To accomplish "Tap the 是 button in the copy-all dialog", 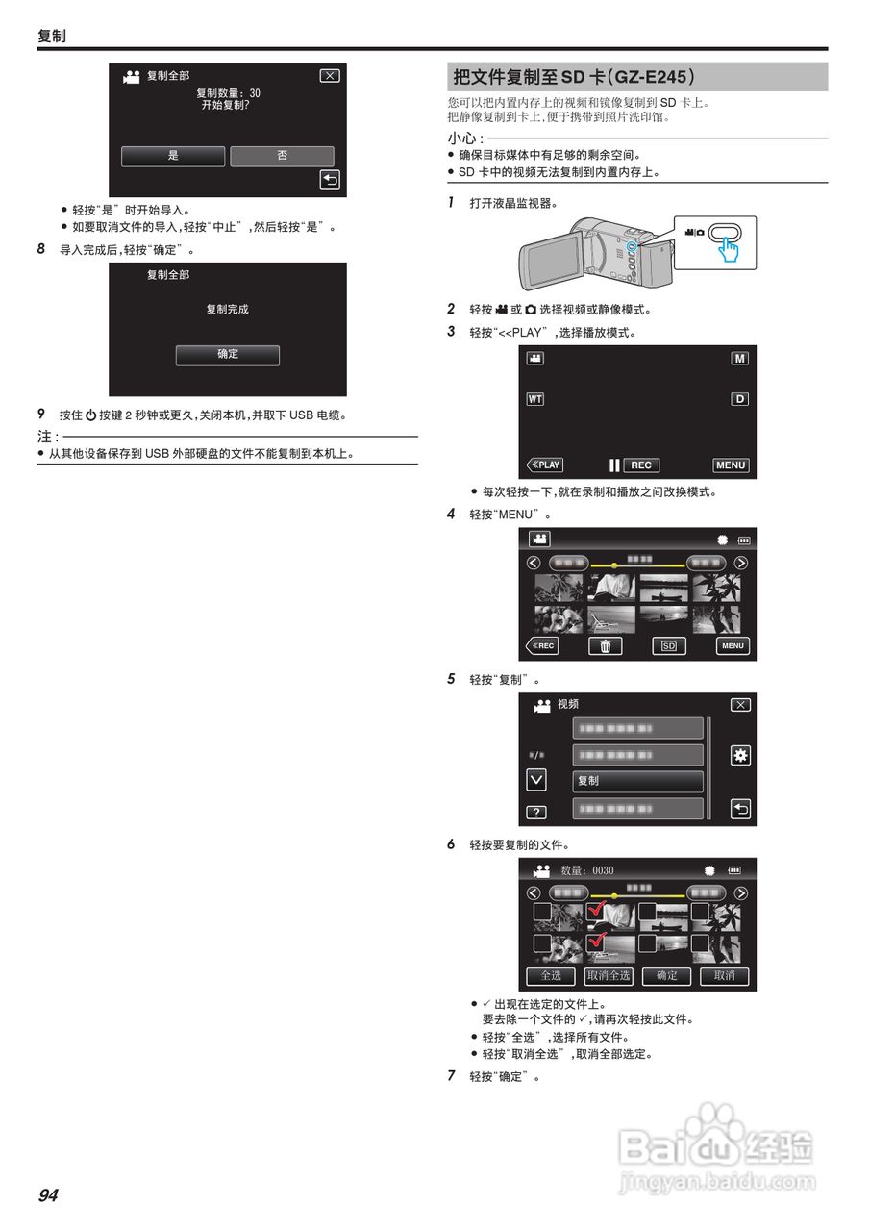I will (173, 156).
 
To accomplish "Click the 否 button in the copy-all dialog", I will (282, 156).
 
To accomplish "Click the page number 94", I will (48, 1195).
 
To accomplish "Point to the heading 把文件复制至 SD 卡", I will (573, 77).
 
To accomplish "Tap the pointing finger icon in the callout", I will (730, 248).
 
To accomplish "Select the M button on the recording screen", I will (739, 358).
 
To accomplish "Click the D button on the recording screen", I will (739, 399).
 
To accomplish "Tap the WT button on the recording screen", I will (534, 399).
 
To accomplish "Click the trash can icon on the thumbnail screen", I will (605, 646).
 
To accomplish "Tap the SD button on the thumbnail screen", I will (668, 646).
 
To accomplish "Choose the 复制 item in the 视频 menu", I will (637, 781).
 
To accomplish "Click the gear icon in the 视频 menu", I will (740, 755).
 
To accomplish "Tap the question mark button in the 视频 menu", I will (536, 813).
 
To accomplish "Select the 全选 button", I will (551, 975).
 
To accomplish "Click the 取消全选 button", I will (609, 975).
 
